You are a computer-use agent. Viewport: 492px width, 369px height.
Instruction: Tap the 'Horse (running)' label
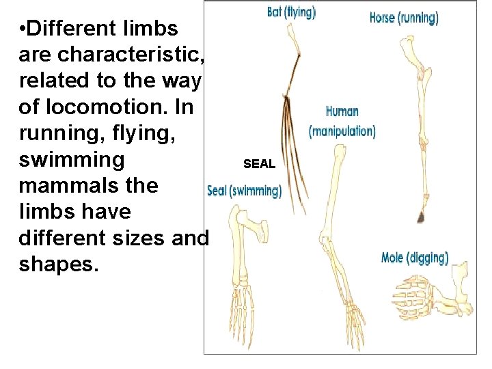403,17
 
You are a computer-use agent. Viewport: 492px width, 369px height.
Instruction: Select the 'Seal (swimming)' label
244,191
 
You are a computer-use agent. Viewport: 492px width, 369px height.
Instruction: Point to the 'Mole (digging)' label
415,258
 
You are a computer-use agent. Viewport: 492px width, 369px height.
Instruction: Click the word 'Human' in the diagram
342,111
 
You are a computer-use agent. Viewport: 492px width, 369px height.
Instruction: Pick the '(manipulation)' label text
342,131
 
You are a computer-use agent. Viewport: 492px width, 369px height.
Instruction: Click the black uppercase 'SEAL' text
259,164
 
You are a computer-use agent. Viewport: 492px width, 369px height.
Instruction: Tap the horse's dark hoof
421,217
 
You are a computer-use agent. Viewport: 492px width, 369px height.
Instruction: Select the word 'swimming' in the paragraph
72,160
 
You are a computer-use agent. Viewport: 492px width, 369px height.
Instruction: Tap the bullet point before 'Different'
23,29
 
